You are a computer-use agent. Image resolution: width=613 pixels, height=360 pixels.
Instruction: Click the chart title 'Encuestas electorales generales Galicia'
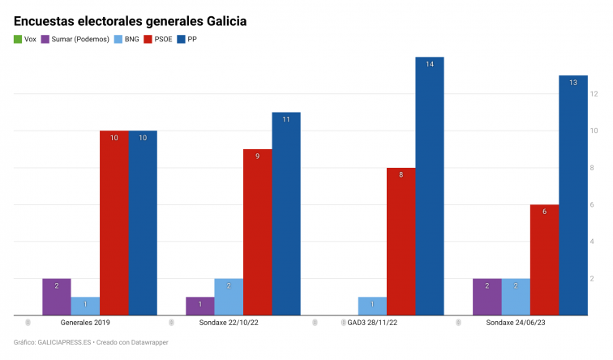[x=131, y=19]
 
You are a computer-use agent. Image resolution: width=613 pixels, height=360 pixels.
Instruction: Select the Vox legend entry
[x=25, y=39]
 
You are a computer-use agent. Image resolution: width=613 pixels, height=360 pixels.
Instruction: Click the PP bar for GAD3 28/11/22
[x=430, y=186]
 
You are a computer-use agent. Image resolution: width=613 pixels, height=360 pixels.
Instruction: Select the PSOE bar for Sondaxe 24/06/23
[x=544, y=259]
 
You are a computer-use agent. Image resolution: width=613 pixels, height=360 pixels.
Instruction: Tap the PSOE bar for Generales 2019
[x=114, y=223]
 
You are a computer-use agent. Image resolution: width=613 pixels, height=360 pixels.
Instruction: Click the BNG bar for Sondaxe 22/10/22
[x=229, y=297]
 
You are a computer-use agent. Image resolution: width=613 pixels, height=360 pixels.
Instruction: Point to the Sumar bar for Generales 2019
[x=57, y=297]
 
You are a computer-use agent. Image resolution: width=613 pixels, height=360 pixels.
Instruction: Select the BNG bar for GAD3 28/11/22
[x=372, y=306]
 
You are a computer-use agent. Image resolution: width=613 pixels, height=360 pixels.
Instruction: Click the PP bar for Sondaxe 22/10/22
[x=286, y=213]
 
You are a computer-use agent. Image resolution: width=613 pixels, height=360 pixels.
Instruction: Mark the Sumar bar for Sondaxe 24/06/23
[x=487, y=297]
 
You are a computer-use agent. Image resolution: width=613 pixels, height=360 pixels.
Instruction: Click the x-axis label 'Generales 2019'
[x=86, y=323]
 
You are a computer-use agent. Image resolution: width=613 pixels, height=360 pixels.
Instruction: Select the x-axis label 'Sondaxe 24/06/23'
[x=515, y=323]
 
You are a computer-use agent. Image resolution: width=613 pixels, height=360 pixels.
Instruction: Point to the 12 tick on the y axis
[x=594, y=94]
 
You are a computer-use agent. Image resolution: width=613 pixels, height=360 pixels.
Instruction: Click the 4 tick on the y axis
[x=594, y=242]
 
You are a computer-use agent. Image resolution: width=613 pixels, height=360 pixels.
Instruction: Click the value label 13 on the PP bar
[x=573, y=83]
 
